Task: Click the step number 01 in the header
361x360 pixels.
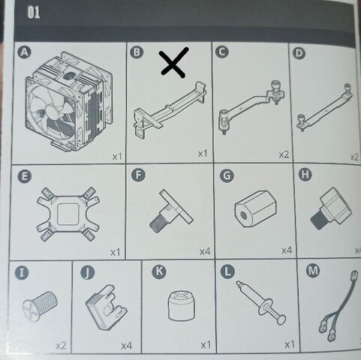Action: tap(33, 13)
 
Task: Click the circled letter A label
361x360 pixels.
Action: tap(25, 52)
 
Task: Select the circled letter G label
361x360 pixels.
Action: tap(227, 175)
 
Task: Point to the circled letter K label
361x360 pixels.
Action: tap(159, 271)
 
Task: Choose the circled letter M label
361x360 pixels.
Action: tap(313, 271)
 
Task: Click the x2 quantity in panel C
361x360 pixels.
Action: tap(284, 154)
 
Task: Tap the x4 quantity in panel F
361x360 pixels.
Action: tap(205, 251)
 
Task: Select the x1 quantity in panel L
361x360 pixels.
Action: tap(290, 345)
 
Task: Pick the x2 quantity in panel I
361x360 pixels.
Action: tap(61, 346)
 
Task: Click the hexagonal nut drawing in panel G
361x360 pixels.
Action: tap(255, 209)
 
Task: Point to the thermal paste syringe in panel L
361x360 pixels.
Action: tap(261, 302)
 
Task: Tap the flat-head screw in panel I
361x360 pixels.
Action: tap(41, 306)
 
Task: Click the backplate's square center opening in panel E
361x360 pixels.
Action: tap(68, 214)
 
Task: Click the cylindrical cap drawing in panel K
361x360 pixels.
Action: tap(181, 305)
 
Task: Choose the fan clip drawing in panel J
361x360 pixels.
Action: tap(106, 307)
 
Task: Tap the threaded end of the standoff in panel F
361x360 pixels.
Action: tap(157, 224)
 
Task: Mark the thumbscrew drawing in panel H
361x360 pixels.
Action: tap(331, 209)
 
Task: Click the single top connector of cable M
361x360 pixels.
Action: tap(353, 274)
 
